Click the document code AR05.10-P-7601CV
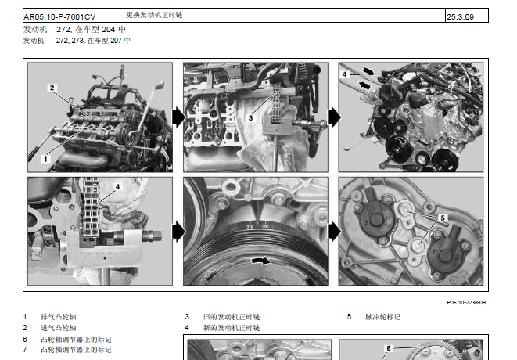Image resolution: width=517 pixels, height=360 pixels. coord(59,17)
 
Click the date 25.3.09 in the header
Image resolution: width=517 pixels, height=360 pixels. coord(460,17)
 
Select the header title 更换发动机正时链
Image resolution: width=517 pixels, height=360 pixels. coord(154,15)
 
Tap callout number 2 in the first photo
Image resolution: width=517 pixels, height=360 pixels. coord(52,88)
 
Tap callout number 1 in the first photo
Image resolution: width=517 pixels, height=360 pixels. coord(45,159)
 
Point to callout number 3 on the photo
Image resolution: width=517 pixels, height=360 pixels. coord(250,118)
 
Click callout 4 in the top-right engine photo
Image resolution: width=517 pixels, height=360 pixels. coord(344,74)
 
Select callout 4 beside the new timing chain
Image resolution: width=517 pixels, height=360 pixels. coord(117,187)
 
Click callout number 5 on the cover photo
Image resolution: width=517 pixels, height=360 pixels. coord(443,218)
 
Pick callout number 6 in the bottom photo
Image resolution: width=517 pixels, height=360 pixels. coord(389,348)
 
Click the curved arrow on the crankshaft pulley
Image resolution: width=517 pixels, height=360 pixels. coord(260,261)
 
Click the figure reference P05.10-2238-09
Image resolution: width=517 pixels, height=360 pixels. coord(466,302)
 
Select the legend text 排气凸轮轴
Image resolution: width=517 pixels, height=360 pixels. coord(59,317)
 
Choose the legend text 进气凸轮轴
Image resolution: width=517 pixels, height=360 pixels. coord(59,328)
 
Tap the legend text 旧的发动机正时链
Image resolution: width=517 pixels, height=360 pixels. coord(232,317)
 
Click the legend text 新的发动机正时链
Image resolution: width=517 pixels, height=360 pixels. coord(232,328)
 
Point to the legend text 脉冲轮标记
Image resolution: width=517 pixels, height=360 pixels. coord(382,317)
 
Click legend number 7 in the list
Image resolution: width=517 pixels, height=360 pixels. coord(25,350)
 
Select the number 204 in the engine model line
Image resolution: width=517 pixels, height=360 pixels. coord(108,30)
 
